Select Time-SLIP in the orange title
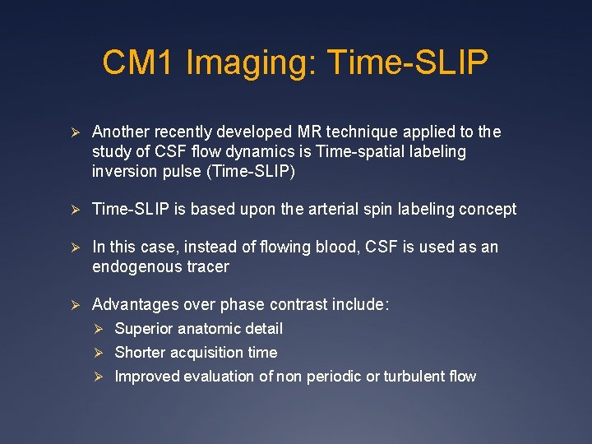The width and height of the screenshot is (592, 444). click(x=408, y=62)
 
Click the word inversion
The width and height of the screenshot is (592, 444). click(x=123, y=171)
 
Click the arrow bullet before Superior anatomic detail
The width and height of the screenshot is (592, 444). click(x=97, y=329)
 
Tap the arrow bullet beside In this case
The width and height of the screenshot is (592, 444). click(x=73, y=247)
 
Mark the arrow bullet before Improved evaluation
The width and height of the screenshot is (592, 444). click(x=97, y=377)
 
